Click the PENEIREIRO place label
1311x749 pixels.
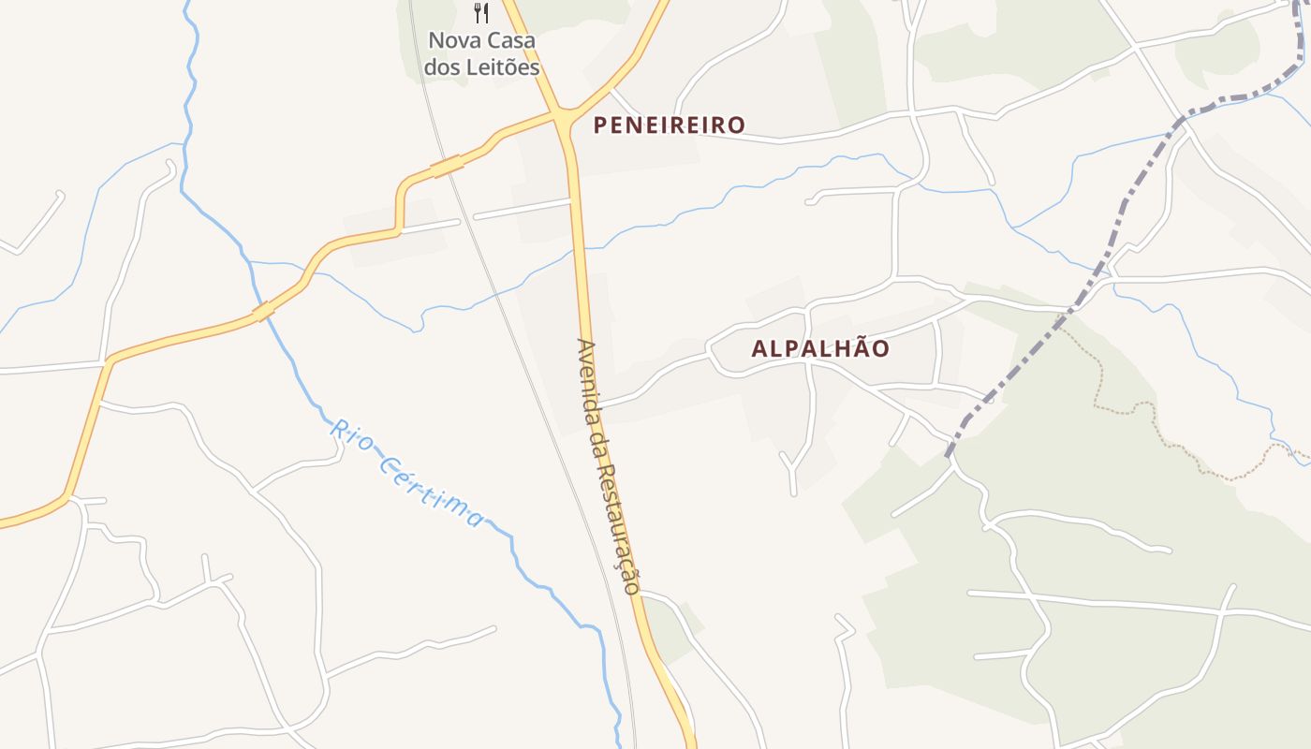[x=670, y=125]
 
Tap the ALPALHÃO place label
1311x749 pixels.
[x=820, y=348]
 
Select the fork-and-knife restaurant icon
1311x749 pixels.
[x=481, y=13]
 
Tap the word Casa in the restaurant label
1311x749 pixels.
[x=513, y=41]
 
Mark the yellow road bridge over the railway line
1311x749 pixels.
[x=447, y=166]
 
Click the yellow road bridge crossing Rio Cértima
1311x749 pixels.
[x=263, y=311]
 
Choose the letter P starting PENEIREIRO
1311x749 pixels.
[x=600, y=125]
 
